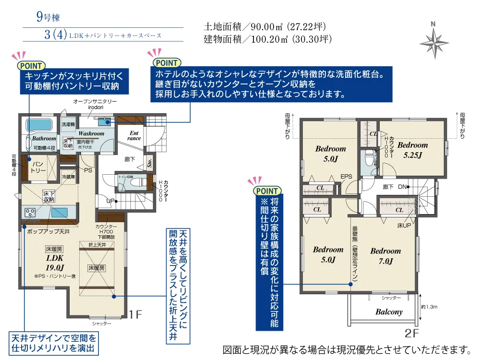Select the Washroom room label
click(x=91, y=133)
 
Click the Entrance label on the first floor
click(x=134, y=135)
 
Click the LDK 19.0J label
click(x=55, y=263)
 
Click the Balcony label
click(x=389, y=312)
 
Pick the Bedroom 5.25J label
click(x=412, y=149)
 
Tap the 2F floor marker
click(x=411, y=332)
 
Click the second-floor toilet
click(x=369, y=158)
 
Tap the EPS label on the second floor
click(x=347, y=177)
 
